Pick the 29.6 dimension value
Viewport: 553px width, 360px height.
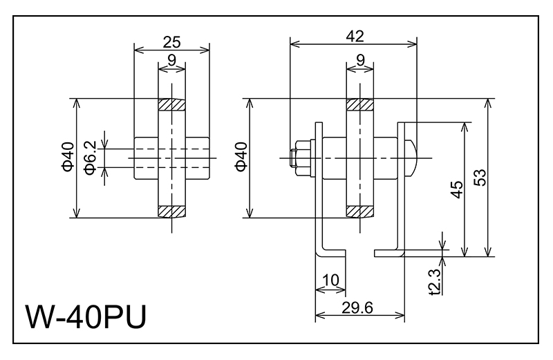click(x=358, y=307)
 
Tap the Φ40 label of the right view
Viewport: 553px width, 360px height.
click(x=241, y=158)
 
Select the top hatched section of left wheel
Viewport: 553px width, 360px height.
click(x=171, y=105)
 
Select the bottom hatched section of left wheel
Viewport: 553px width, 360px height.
click(x=171, y=210)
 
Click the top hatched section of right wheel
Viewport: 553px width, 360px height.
click(x=359, y=105)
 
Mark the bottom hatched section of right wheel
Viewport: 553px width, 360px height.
click(x=359, y=210)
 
